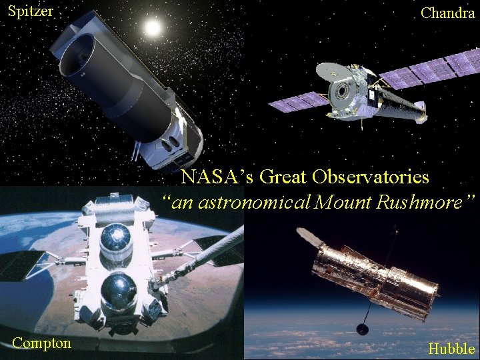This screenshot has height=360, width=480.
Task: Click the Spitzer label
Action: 30,12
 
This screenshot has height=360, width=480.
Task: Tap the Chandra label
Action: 447,13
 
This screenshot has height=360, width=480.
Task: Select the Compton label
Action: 41,343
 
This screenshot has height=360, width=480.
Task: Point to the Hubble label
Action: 451,349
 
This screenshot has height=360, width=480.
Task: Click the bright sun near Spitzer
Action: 153,28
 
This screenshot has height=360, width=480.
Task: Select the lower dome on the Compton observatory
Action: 117,291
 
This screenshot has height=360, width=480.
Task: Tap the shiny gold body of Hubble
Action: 373,273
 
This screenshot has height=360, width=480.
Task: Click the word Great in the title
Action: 283,177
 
